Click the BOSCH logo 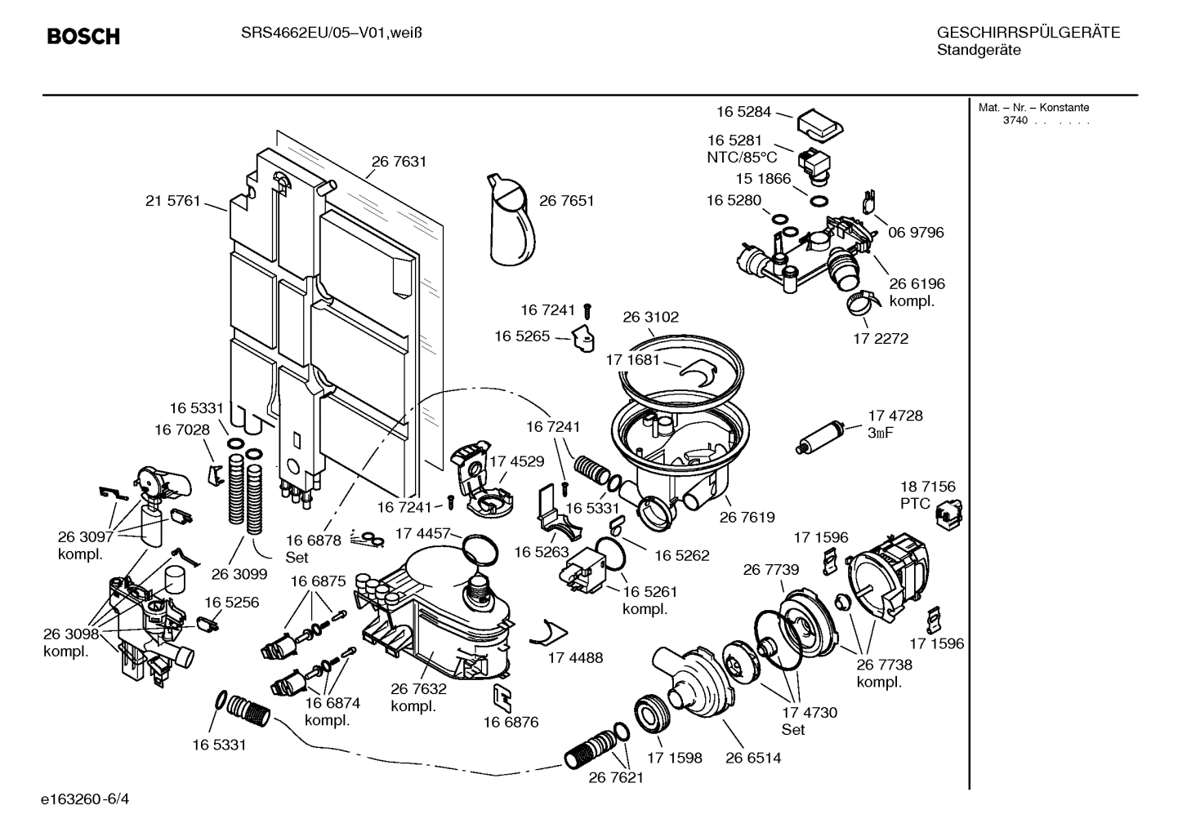pos(83,37)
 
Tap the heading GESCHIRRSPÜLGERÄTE pos(1028,33)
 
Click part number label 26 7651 pos(566,201)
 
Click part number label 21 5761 pos(172,201)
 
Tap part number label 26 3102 pos(650,317)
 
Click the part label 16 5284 pos(744,112)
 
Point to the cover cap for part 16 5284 pos(819,125)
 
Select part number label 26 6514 pos(753,758)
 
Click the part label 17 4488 pos(575,657)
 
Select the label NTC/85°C pos(742,158)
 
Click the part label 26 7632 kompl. pos(418,697)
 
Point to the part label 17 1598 pos(675,758)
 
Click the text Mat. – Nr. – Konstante pos(1033,108)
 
